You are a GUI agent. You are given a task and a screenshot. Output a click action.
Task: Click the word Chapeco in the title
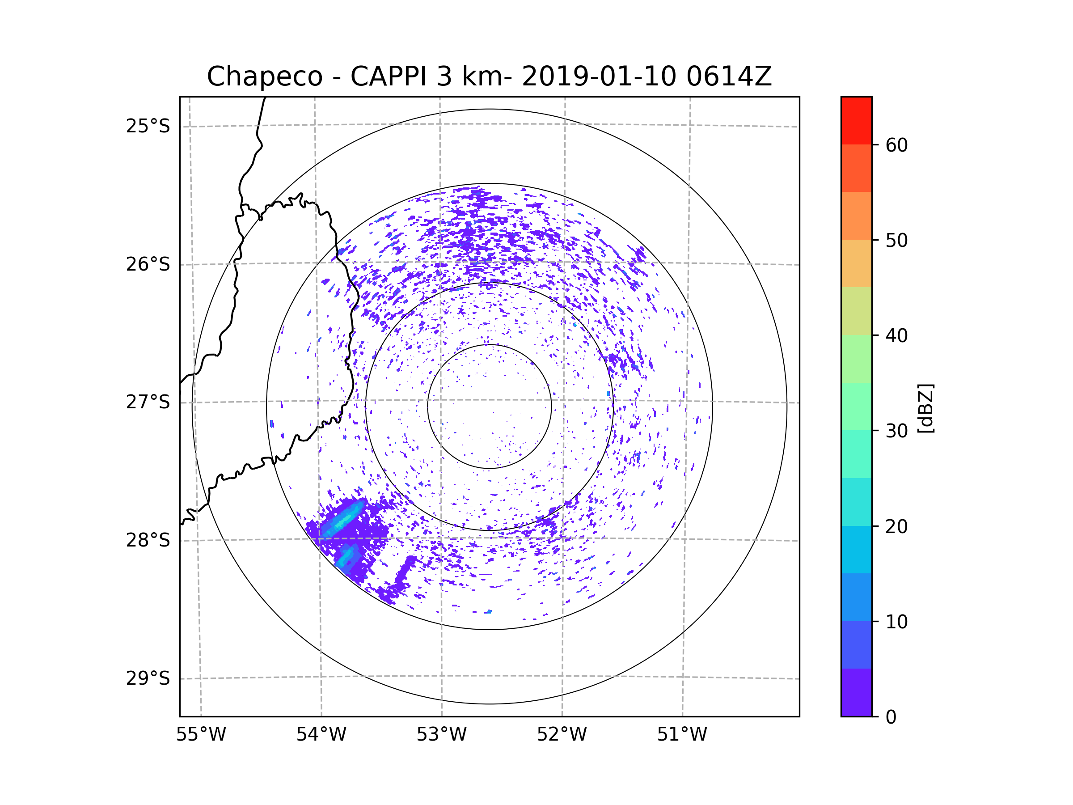(265, 76)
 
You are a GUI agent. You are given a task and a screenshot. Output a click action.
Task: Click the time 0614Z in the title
(729, 76)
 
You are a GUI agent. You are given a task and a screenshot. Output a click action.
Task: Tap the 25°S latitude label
(148, 126)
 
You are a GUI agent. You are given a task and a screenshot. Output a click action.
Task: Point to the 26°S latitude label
(148, 264)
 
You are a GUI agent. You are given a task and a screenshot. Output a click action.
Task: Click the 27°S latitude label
(148, 402)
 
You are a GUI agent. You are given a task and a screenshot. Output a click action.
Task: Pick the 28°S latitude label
(148, 540)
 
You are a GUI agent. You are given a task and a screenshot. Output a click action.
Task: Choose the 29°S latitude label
(148, 678)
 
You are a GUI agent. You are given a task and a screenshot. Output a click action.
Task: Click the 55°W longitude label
(201, 735)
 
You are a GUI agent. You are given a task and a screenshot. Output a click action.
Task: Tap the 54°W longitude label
(321, 735)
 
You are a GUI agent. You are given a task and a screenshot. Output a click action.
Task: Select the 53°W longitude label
(441, 735)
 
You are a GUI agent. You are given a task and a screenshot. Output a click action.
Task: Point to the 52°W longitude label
(562, 735)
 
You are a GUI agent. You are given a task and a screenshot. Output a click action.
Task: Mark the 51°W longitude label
(682, 735)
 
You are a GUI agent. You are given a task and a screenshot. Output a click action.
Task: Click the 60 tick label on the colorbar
(896, 145)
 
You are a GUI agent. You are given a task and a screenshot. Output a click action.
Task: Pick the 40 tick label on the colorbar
(896, 335)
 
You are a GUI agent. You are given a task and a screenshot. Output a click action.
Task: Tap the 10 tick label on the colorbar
(896, 622)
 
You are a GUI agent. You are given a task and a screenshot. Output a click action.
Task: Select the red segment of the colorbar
(856, 121)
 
